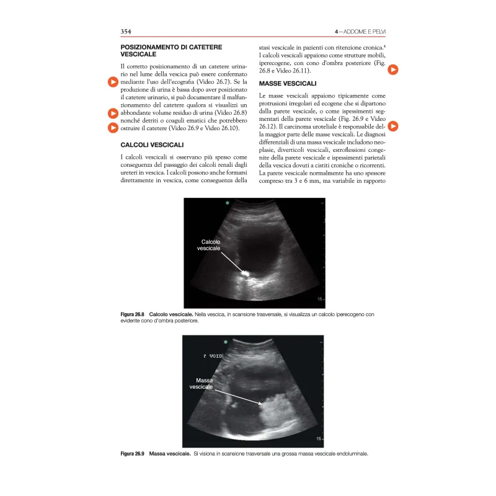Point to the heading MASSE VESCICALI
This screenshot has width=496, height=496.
pos(288,83)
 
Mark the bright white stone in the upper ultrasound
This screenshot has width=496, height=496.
pos(245,272)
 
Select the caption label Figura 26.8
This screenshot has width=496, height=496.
pos(132,314)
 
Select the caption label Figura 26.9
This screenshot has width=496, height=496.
pos(132,454)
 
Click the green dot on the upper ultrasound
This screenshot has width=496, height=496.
pos(228,203)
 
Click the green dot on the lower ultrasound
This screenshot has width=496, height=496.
pos(227,341)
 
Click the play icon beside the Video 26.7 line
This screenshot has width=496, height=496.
pos(113,82)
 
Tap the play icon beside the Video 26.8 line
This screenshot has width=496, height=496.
pos(113,113)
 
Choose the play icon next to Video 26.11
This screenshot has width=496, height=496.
pos(393,70)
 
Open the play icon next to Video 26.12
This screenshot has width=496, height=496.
pos(393,126)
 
